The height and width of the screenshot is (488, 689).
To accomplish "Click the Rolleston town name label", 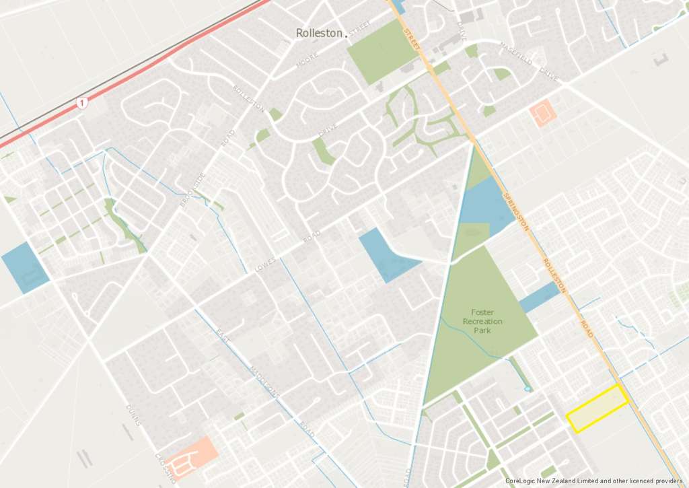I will click(319, 33).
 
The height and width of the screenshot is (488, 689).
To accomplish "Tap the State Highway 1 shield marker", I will click(82, 104).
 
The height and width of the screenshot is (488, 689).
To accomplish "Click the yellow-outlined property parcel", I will click(597, 409).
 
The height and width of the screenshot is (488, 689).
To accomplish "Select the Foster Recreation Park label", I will click(482, 321).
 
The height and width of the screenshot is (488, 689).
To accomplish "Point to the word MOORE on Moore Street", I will click(307, 62).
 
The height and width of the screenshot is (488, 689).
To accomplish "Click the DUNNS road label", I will click(133, 415).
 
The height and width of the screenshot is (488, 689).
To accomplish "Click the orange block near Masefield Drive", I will click(542, 113).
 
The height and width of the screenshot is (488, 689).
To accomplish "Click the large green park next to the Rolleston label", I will click(380, 50).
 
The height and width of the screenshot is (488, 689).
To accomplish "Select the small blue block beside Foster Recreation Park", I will click(540, 297).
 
